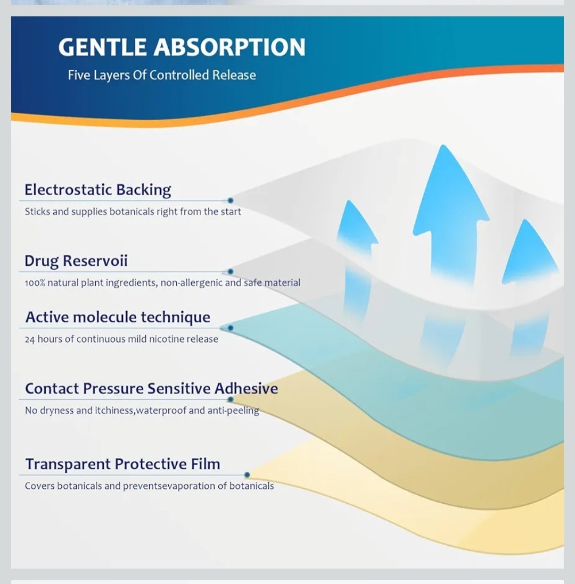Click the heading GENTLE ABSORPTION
click(x=182, y=47)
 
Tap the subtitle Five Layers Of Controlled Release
click(x=162, y=75)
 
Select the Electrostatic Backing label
click(x=98, y=190)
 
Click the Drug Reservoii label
click(x=76, y=261)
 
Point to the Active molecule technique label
click(x=118, y=318)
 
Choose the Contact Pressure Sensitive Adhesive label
click(x=151, y=389)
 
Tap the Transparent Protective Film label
click(x=122, y=464)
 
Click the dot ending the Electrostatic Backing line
click(x=231, y=201)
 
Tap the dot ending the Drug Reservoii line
click(x=231, y=272)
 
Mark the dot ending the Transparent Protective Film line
click(x=247, y=475)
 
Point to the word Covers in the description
click(x=40, y=486)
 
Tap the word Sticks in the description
click(x=37, y=212)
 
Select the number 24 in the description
click(x=30, y=339)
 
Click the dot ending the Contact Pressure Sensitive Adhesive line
click(x=231, y=399)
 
